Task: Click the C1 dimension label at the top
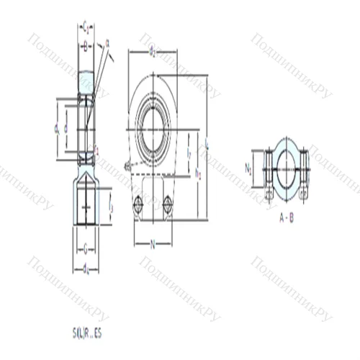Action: (x=86, y=27)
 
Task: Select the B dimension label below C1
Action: (x=86, y=48)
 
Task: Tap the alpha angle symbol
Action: (x=107, y=44)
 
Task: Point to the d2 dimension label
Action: (x=152, y=52)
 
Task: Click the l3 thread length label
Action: (x=111, y=207)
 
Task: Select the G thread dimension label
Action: (x=86, y=251)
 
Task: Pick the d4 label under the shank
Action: (x=86, y=269)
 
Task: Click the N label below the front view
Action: (x=152, y=244)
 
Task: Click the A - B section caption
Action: (x=286, y=218)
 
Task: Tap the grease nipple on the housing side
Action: (x=127, y=166)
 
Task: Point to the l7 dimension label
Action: (x=189, y=153)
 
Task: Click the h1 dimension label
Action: (x=197, y=174)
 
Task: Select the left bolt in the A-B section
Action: (x=268, y=173)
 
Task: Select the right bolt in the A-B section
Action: (x=305, y=173)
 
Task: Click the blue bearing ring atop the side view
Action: (x=86, y=78)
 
